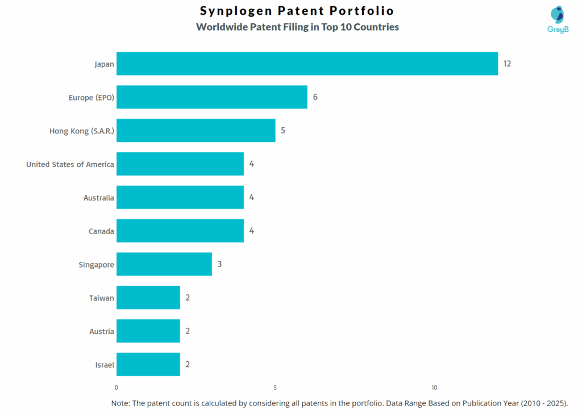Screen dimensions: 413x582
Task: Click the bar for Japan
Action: pos(307,64)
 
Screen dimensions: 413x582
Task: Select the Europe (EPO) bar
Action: pos(211,97)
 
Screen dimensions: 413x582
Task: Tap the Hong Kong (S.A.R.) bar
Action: pos(196,131)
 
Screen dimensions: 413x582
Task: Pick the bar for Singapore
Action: pos(164,264)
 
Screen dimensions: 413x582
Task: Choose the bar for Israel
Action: pos(148,364)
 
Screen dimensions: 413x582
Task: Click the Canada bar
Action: pos(180,231)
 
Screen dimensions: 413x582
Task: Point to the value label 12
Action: pos(507,64)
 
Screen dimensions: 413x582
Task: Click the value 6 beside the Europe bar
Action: pos(315,97)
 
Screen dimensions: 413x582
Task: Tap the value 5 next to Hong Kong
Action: pos(283,131)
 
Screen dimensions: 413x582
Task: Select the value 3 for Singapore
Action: pos(219,264)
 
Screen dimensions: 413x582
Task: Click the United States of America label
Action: pos(70,164)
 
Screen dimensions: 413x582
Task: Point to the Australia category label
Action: pos(98,198)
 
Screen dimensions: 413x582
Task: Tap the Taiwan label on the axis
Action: pos(101,298)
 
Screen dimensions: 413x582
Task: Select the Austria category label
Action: pos(101,331)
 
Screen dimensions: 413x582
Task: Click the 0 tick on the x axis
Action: pos(117,387)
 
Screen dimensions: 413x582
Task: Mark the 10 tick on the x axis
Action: pos(434,387)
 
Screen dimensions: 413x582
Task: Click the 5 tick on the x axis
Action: pos(275,387)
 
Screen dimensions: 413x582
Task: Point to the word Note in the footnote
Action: pos(121,402)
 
